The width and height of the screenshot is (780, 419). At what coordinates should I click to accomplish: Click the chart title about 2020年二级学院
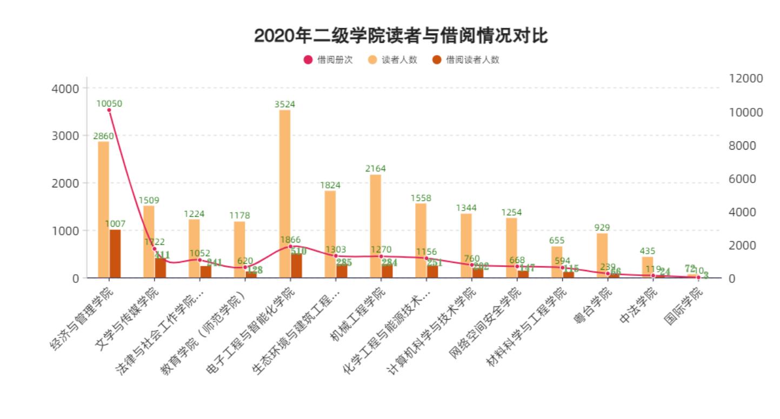click(x=401, y=36)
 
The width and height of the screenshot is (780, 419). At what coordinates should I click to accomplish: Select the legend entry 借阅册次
click(x=328, y=60)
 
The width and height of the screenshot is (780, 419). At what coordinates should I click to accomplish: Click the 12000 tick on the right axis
click(x=746, y=78)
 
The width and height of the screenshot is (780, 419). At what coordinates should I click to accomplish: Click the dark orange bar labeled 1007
click(x=115, y=254)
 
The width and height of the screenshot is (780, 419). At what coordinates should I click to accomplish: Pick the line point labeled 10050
click(x=109, y=110)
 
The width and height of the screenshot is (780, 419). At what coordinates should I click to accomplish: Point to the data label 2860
click(x=103, y=136)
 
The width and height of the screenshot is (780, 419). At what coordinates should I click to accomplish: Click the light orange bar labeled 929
click(x=602, y=255)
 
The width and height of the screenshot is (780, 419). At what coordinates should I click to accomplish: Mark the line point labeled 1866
click(x=290, y=247)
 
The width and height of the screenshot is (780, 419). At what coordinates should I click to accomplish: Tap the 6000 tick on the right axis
click(x=746, y=179)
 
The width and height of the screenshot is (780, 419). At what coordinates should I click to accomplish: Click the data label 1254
click(x=511, y=212)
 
